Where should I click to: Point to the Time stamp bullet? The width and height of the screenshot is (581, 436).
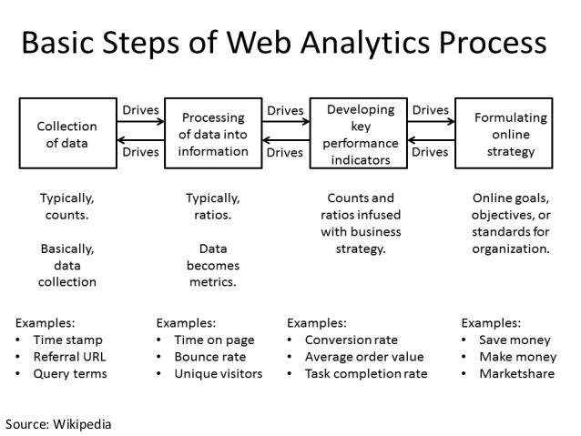[x=68, y=340]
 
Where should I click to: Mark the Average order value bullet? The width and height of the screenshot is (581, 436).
[x=364, y=356]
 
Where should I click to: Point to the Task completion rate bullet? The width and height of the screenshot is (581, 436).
[x=365, y=373]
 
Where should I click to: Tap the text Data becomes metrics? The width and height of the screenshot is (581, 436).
[x=212, y=265]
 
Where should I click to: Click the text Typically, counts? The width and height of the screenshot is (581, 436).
[x=66, y=206]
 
